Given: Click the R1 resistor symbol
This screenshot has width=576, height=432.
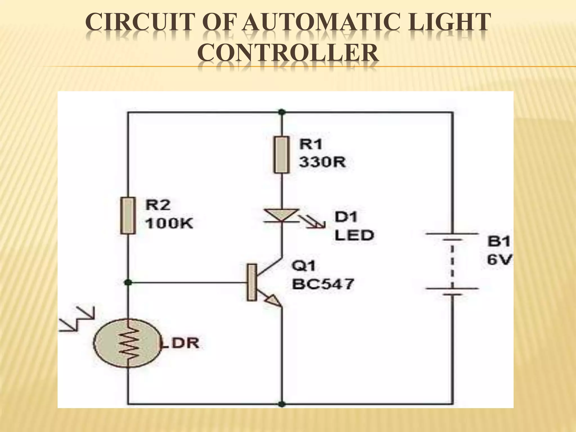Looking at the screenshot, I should click(x=282, y=155).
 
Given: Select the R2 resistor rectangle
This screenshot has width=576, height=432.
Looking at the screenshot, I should click(x=128, y=216).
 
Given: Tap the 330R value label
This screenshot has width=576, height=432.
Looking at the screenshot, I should click(x=322, y=162).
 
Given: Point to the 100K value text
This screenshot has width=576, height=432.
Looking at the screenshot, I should click(x=169, y=224).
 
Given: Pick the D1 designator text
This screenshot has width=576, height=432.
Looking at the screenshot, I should click(x=346, y=217).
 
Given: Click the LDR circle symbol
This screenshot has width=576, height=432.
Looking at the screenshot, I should click(x=128, y=343).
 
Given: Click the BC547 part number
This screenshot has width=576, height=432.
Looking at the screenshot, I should click(x=323, y=284).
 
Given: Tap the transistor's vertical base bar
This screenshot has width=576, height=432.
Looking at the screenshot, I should click(x=252, y=282).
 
